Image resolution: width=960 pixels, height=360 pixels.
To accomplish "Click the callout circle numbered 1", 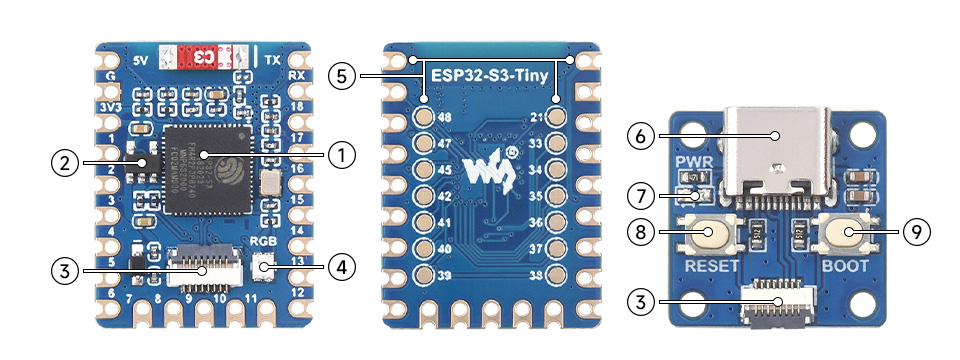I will coord(342,155).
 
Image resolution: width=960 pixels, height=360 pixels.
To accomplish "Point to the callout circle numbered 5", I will coord(342,77).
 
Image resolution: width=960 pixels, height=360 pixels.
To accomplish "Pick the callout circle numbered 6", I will coord(641,133).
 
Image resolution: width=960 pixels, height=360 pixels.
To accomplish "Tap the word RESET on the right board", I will coord(712,267).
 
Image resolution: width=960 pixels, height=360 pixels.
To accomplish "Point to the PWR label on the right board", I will coord(692,163).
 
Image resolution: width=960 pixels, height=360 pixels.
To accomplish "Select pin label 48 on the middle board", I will coord(446,117).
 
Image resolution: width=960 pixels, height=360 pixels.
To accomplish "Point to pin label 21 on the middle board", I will coord(535,117).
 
